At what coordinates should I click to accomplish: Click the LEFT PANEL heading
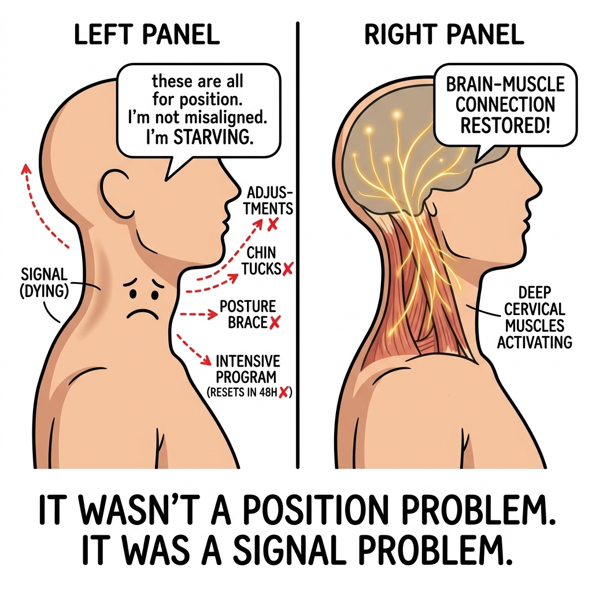146,34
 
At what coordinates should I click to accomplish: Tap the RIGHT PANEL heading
444,34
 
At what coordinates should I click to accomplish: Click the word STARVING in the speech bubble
213,138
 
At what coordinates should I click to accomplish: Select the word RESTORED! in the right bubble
505,125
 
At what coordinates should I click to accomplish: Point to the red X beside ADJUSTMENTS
273,225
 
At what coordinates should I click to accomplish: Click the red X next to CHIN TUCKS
288,268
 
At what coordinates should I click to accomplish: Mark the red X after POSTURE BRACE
275,322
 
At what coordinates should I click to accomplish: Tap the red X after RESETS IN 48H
283,393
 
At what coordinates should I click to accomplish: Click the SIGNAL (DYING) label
44,283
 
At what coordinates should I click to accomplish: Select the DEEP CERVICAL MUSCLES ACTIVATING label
534,317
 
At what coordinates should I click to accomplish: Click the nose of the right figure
535,187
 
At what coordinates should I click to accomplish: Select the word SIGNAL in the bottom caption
290,551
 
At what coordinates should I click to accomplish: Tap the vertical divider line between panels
298,245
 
